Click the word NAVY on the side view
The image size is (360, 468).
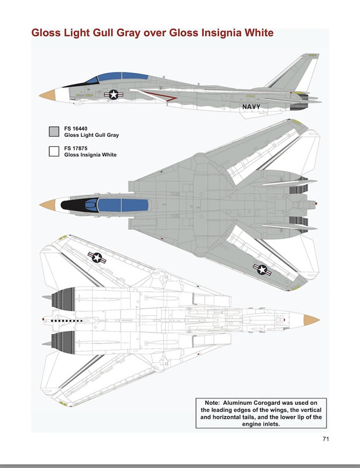[x=251, y=106]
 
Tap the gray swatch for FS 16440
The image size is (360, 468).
[x=54, y=132]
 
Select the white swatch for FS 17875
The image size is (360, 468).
[x=54, y=152]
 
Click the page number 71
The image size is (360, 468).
[x=325, y=439]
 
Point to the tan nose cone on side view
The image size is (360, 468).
[x=48, y=95]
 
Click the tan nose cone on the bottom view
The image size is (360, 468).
[x=311, y=320]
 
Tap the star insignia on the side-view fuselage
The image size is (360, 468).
[x=114, y=95]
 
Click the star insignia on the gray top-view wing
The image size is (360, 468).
[x=262, y=270]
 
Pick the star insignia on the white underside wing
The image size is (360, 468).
[x=97, y=257]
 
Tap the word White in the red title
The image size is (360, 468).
[x=259, y=33]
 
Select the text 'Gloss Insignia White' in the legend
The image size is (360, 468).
[x=90, y=154]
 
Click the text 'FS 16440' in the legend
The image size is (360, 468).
[x=76, y=129]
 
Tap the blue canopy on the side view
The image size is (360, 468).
[x=119, y=77]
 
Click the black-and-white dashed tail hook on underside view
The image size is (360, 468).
[x=67, y=321]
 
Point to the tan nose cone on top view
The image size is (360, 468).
[x=48, y=205]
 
